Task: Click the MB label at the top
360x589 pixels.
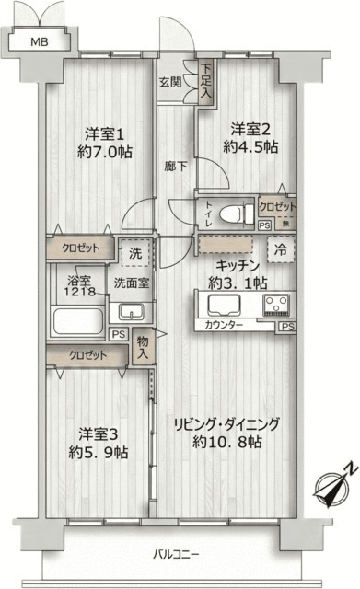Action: (39, 42)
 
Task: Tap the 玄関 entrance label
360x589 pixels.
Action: (168, 82)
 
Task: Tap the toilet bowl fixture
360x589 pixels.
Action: (236, 211)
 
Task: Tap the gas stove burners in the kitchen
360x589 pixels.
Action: (276, 305)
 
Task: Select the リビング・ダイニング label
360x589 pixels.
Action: (226, 424)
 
